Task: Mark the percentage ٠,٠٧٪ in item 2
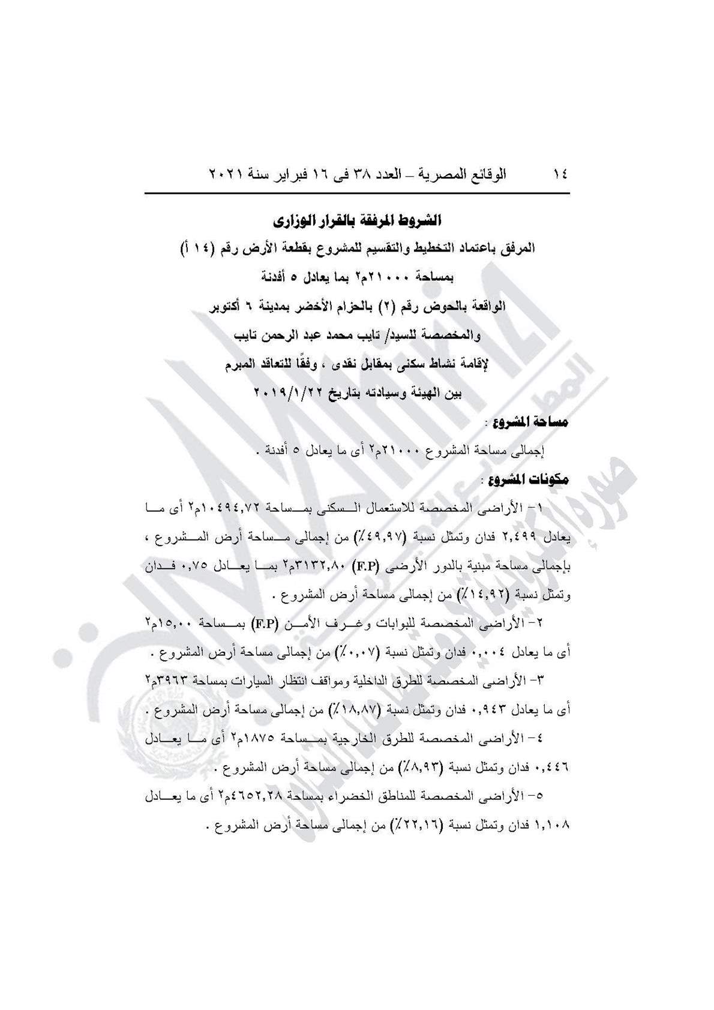[411, 651]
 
